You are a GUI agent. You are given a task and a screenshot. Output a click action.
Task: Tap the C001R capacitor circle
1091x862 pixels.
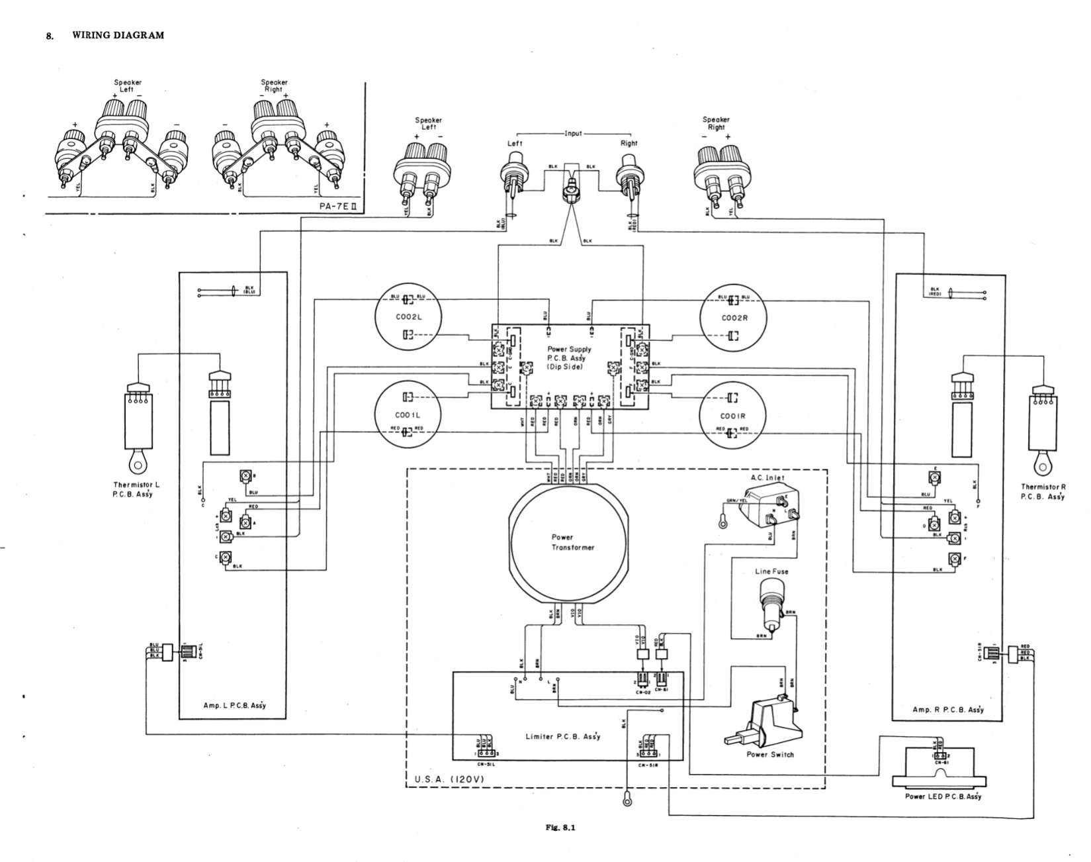[x=732, y=416]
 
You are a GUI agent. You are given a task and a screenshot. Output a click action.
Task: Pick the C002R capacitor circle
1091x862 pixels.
[x=733, y=318]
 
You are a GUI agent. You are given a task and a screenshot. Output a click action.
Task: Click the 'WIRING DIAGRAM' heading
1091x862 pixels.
[x=118, y=36]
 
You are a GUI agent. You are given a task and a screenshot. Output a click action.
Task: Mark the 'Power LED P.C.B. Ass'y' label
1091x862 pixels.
[x=943, y=796]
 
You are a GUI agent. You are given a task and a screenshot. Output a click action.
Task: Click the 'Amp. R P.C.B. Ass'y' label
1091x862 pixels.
[x=948, y=709]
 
